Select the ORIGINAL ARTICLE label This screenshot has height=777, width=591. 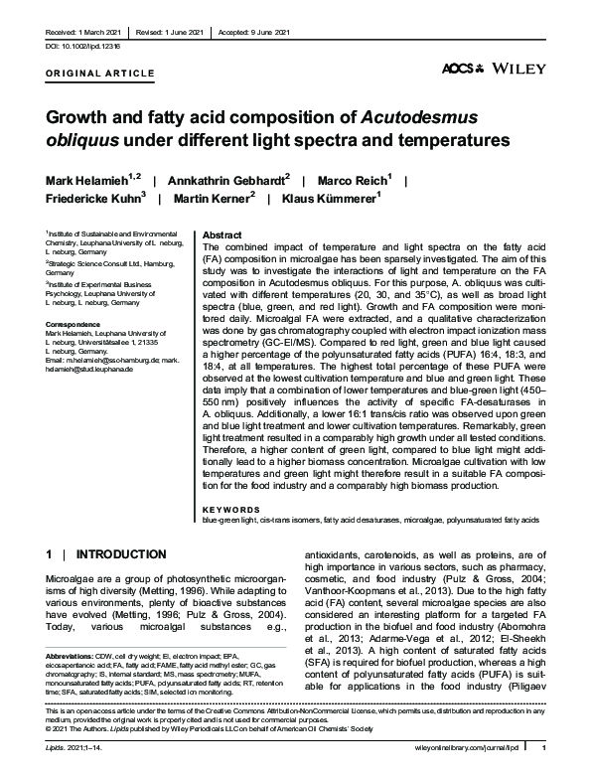[x=100, y=74]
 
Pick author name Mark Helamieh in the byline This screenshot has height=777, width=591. [x=83, y=179]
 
